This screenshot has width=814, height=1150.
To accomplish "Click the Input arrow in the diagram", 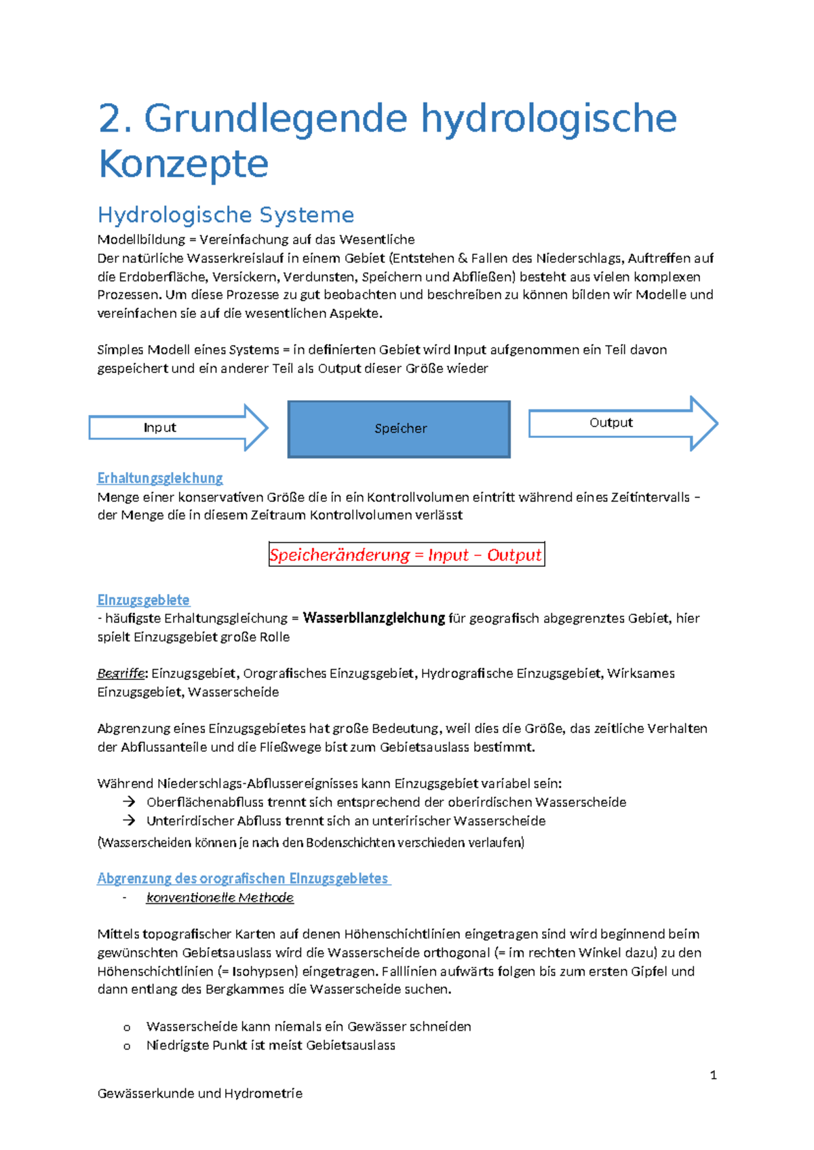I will point(178,427).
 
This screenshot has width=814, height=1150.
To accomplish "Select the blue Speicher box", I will point(399,429).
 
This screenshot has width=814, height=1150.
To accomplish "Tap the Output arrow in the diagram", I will point(622,423).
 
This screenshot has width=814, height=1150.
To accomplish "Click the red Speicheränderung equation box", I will point(406,554).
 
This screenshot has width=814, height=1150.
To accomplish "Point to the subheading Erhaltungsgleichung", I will point(160,478).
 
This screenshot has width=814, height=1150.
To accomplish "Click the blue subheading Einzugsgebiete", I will point(143,600).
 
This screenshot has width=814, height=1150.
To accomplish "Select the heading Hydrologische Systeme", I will point(226,215).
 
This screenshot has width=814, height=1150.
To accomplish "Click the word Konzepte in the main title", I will point(184,164).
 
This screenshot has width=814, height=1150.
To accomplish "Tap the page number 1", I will point(713,1075).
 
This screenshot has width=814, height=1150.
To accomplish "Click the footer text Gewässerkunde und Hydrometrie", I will point(200,1093).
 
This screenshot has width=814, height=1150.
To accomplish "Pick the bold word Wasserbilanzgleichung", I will point(374,618).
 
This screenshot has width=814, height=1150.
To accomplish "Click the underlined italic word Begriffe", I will point(121,673).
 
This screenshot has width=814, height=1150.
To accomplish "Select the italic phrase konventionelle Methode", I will point(220,898).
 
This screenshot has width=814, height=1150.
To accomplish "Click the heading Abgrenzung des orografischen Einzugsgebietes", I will point(243,879).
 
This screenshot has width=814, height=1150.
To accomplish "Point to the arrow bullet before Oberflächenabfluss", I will point(129,802).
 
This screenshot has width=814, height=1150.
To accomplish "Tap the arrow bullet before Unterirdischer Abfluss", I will point(129,820).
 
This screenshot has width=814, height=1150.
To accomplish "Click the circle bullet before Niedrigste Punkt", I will point(127,1046).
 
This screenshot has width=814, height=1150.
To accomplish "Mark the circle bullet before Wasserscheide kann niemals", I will point(127,1027).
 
